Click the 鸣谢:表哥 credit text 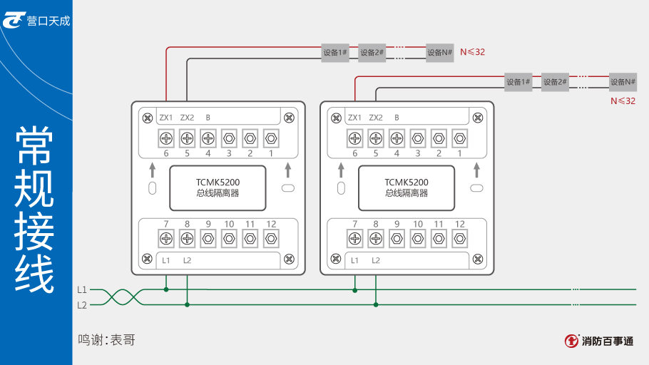[106, 340]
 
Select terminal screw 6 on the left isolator [166, 138]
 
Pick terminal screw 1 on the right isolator [460, 138]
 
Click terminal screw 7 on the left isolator [166, 238]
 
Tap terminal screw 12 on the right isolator [460, 238]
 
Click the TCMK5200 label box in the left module [218, 187]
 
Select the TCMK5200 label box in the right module [407, 187]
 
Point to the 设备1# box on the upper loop [334, 52]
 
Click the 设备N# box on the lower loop [623, 82]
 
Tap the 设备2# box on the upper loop [372, 52]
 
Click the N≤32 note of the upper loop [472, 52]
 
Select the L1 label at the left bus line [82, 290]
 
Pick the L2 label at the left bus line [82, 305]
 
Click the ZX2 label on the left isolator [187, 118]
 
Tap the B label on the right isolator [397, 118]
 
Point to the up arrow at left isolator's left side [152, 170]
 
